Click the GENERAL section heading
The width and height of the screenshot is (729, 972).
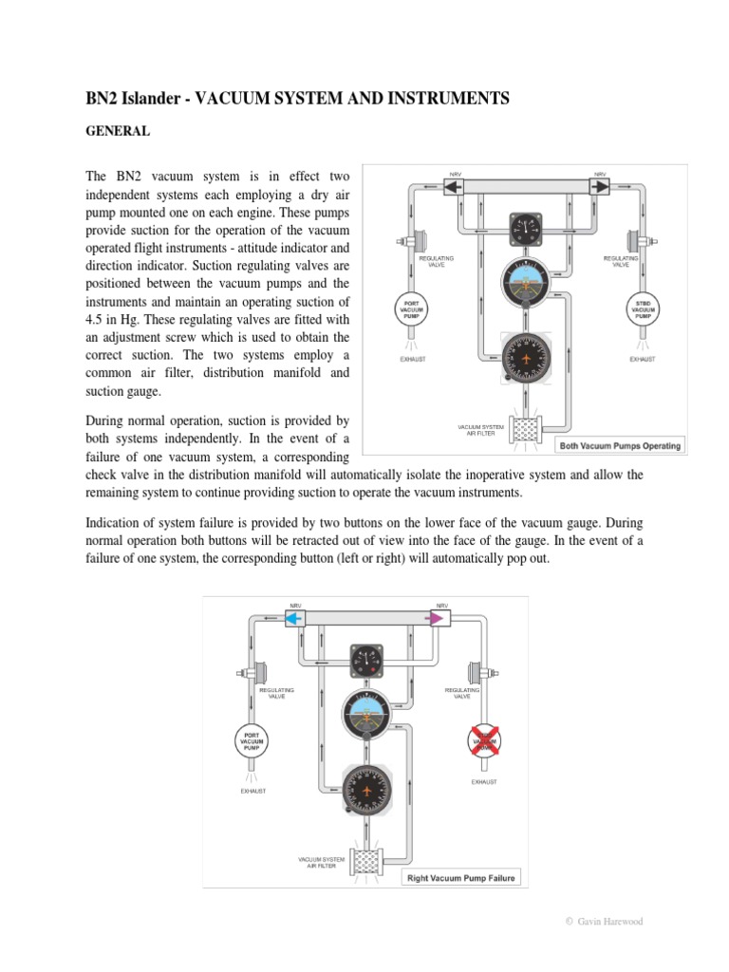pyautogui.click(x=118, y=132)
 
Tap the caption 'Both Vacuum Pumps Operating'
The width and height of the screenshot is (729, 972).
pyautogui.click(x=621, y=445)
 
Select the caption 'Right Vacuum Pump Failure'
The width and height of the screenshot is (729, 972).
pyautogui.click(x=461, y=878)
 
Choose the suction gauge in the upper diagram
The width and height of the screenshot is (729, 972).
pyautogui.click(x=525, y=229)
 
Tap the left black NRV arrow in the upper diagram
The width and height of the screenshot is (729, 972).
pyautogui.click(x=453, y=189)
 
